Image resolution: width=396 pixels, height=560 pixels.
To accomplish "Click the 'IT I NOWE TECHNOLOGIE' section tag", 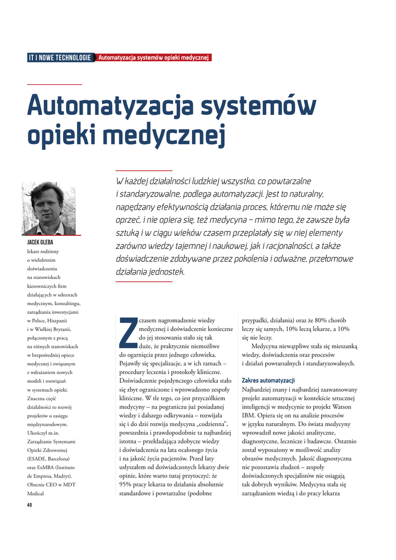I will (x=60, y=57).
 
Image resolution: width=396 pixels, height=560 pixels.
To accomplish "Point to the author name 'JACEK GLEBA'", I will (x=40, y=242).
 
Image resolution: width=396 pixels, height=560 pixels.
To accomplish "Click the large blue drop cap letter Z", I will (x=127, y=332).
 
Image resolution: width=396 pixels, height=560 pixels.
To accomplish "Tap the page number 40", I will (x=30, y=505).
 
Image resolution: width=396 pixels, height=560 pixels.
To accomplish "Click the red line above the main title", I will (x=54, y=84).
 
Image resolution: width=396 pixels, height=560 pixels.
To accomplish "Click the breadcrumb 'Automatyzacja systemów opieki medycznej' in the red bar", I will (x=153, y=57).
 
